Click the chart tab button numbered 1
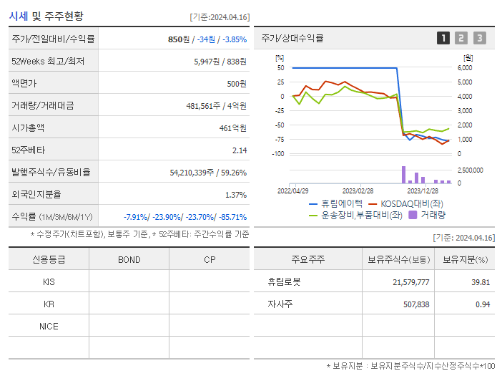click(443, 38)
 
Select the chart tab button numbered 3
click(479, 38)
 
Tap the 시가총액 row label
click(28, 128)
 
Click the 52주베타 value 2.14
click(239, 150)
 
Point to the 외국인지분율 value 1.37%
click(235, 195)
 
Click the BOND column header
click(129, 259)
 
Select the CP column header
click(209, 259)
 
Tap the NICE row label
click(49, 326)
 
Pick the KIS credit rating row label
click(49, 281)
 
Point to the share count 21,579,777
click(410, 282)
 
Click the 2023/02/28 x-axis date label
click(358, 191)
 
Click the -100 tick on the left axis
click(279, 154)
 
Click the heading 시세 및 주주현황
click(46, 16)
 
